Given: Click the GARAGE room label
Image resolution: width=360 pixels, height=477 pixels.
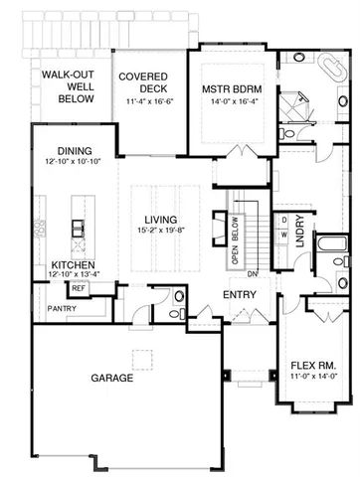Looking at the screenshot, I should (x=113, y=379).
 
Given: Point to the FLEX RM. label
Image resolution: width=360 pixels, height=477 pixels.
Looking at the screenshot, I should (x=309, y=365).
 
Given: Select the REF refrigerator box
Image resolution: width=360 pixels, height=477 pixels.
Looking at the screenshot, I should (x=77, y=288).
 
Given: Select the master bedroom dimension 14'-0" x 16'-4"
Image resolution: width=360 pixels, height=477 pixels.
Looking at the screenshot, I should (x=238, y=100).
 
